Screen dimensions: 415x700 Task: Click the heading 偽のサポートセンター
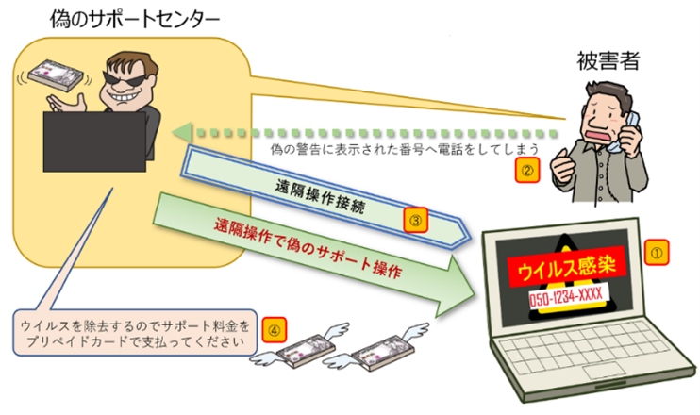[x=138, y=18]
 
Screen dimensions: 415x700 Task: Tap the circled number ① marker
[x=657, y=252]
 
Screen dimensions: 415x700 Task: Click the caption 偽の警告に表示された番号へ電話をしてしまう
[x=397, y=150]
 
